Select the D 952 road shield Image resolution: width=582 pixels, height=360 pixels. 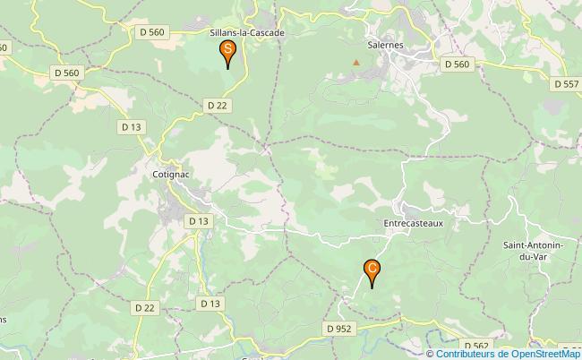[x=339, y=329]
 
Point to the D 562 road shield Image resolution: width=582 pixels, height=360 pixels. [x=475, y=345]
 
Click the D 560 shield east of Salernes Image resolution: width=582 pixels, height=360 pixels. [x=456, y=64]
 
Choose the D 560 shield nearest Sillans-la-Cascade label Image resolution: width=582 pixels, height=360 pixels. [x=152, y=32]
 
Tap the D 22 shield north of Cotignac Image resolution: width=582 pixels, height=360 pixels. [x=217, y=105]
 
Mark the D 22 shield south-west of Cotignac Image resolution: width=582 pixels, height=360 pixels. [x=145, y=307]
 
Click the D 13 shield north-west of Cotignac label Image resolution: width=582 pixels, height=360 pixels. [x=132, y=127]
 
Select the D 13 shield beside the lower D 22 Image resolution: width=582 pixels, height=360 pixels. [x=210, y=304]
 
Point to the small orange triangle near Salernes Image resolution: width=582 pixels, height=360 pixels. [x=356, y=62]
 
